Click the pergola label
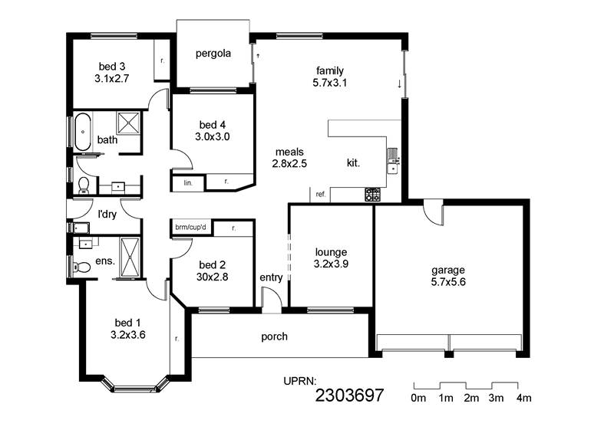pos(213,54)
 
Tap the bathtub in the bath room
pos(82,132)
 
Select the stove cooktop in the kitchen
pos(372,195)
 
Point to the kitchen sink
pos(392,159)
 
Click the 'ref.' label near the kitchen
pos(321,195)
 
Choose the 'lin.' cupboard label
pos(187,183)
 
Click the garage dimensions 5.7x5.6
pos(448,282)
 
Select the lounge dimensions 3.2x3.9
pos(332,264)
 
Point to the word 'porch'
pos(274,336)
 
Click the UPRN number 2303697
pos(349,395)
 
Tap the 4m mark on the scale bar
pos(523,398)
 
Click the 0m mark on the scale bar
pos(418,398)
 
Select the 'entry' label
pos(271,277)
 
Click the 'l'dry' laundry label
pos(106,215)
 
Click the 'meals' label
pos(289,151)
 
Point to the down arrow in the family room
pos(399,84)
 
